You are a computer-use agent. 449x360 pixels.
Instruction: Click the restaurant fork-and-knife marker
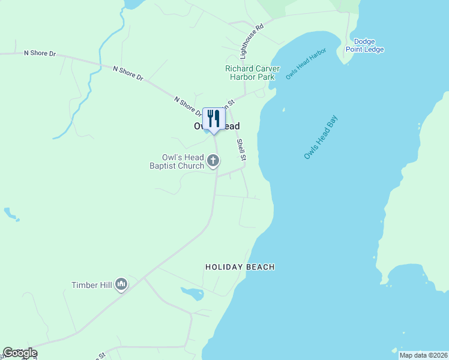click(x=213, y=119)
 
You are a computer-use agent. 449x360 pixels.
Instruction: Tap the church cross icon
click(x=213, y=161)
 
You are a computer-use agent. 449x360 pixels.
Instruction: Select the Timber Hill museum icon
click(x=121, y=283)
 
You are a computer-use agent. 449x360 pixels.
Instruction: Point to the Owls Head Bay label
click(x=321, y=138)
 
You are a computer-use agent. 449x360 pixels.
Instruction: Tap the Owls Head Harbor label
click(x=306, y=64)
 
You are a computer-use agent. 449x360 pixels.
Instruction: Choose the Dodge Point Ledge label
click(x=364, y=46)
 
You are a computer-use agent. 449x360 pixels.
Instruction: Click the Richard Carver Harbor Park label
click(x=252, y=73)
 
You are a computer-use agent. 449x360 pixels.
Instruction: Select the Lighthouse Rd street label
click(x=252, y=41)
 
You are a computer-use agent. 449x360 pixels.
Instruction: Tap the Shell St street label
click(x=241, y=151)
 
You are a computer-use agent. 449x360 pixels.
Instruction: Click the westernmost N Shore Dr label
click(x=40, y=53)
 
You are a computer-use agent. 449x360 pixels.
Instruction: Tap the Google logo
click(x=20, y=353)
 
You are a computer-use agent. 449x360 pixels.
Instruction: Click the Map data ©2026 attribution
click(x=423, y=355)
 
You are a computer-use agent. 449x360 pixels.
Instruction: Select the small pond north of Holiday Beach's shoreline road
click(x=193, y=293)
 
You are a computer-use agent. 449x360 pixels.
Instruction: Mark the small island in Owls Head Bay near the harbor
click(x=283, y=110)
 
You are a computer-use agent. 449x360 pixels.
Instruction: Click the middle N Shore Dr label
click(x=128, y=73)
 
